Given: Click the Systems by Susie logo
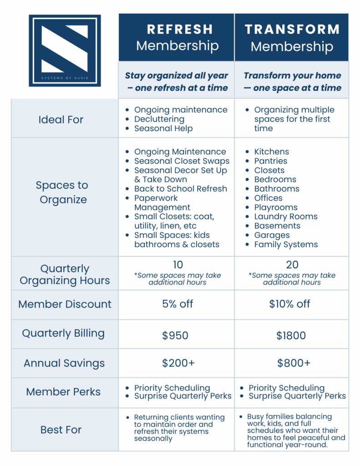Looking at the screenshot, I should tap(65, 51).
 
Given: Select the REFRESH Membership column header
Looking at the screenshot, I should tap(177, 37).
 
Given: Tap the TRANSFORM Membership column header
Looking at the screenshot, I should tap(292, 37).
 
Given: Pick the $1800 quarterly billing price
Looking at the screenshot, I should tap(291, 336).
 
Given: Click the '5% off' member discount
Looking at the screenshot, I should tap(177, 304).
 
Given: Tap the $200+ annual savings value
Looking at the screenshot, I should tap(178, 363).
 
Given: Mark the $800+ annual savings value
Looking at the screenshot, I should tap(294, 363).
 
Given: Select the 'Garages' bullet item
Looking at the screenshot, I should tap(272, 235).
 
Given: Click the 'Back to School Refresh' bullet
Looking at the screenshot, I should tap(180, 189).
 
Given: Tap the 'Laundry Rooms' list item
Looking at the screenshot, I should tap(285, 217).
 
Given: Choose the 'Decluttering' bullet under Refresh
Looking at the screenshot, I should tap(159, 119).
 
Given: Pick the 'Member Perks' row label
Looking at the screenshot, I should tap(64, 392).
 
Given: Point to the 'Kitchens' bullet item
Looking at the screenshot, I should tap(271, 152).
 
